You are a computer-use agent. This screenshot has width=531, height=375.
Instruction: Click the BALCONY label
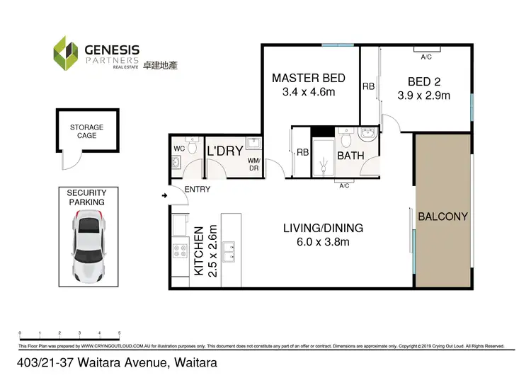(443, 217)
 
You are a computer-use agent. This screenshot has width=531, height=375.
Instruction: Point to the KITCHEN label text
(199, 251)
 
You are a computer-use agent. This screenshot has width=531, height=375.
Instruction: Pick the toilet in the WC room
(176, 164)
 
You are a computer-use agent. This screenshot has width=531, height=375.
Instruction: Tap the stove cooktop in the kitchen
(179, 251)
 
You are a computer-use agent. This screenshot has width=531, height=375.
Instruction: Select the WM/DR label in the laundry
(253, 165)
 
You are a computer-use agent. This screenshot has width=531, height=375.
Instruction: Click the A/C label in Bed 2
(427, 57)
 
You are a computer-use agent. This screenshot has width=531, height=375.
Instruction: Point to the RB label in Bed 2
(368, 86)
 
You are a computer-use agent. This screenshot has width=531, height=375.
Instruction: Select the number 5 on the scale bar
(120, 333)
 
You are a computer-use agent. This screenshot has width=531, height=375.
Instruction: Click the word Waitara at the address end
(193, 362)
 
